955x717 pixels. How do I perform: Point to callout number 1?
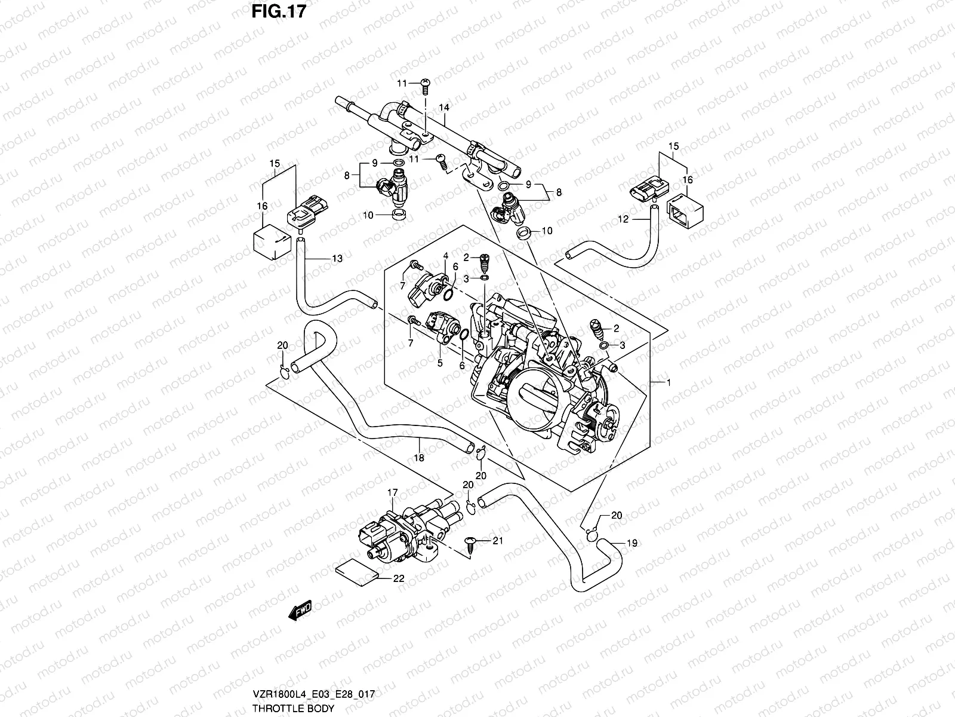(x=668, y=382)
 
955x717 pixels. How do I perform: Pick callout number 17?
(x=392, y=493)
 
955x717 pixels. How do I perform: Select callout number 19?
(x=631, y=543)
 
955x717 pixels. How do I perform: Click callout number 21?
(x=497, y=541)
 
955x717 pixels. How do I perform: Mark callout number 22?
(x=399, y=578)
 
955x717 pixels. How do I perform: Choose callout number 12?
(x=623, y=220)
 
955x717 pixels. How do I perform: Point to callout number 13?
(x=337, y=259)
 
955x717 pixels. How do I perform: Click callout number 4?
(x=445, y=256)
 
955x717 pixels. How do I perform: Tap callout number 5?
(x=440, y=362)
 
